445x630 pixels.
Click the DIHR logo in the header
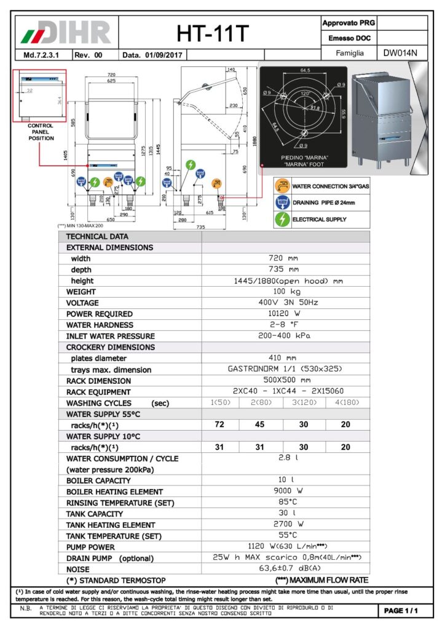(x=66, y=31)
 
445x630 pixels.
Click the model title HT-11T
(x=213, y=33)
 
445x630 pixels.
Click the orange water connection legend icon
(x=282, y=185)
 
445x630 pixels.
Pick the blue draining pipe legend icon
(x=282, y=202)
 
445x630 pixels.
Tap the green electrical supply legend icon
(x=282, y=219)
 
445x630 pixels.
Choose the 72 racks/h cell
(x=219, y=425)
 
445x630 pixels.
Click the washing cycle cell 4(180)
(x=347, y=403)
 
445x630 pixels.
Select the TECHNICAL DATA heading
(x=96, y=236)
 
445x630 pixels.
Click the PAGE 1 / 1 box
(x=401, y=610)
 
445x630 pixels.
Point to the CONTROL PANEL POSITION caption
(x=41, y=132)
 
